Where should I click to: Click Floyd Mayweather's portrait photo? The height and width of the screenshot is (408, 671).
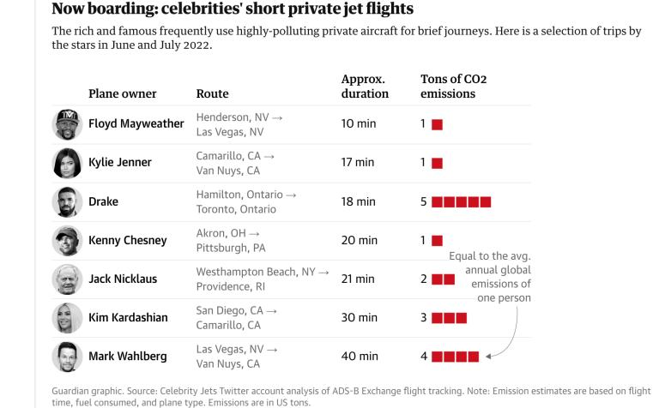[67, 124]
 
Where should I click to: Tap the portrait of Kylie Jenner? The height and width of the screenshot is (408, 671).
[67, 163]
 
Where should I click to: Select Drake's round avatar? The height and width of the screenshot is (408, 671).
[67, 202]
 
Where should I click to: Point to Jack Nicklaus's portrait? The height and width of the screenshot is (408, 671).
[67, 279]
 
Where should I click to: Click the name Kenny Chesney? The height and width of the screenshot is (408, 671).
[128, 241]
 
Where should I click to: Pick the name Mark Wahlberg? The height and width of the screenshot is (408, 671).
[128, 357]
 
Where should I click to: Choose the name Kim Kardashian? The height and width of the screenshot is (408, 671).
[128, 318]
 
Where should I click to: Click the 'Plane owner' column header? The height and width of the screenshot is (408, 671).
[123, 93]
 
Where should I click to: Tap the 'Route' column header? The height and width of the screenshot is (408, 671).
[212, 93]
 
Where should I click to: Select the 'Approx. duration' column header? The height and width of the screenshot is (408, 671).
[365, 87]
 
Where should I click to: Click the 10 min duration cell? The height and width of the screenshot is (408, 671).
[359, 124]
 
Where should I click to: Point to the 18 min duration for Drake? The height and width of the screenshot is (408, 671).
[359, 202]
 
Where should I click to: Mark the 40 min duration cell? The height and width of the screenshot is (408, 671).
[359, 357]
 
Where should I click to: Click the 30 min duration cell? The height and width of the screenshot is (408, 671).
[359, 318]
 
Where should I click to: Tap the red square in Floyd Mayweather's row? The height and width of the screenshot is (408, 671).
[437, 125]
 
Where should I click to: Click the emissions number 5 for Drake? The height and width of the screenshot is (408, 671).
[423, 202]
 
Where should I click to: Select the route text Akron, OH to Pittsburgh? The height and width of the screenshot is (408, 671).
[231, 241]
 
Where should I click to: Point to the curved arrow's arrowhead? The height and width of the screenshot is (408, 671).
[487, 355]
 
